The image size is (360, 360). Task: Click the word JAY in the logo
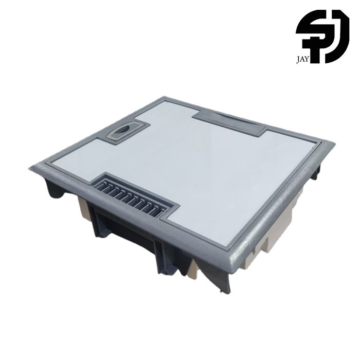pos(303,61)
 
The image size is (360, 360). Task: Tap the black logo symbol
pos(322,37)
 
